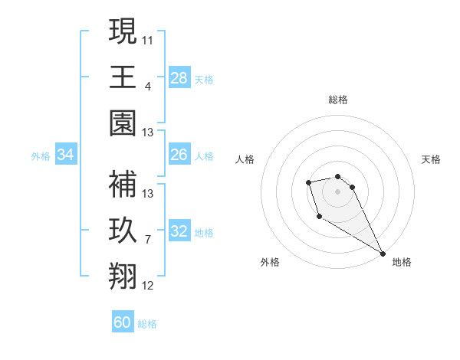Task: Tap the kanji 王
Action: click(123, 77)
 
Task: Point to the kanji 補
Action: click(123, 184)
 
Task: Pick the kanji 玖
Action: click(123, 230)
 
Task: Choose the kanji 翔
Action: click(123, 277)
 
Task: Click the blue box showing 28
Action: click(179, 77)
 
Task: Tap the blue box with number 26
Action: click(179, 155)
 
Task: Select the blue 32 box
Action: click(179, 231)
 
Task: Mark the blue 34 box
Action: click(66, 155)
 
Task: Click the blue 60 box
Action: click(123, 322)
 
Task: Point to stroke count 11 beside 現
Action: click(148, 38)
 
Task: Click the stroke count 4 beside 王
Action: click(148, 86)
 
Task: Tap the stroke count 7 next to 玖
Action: click(148, 240)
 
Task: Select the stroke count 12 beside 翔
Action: click(148, 286)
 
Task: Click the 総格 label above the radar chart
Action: click(338, 100)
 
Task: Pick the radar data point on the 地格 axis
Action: click(383, 254)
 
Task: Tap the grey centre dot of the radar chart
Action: click(337, 191)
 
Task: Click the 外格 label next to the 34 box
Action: click(41, 155)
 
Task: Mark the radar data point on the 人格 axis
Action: click(308, 182)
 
